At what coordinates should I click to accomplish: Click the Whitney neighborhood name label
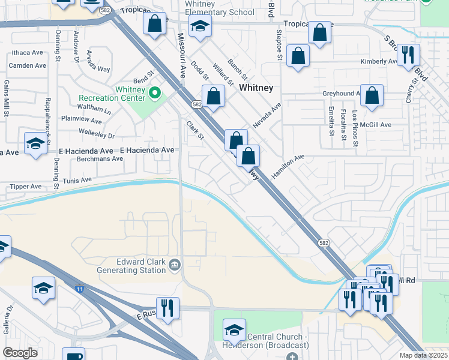(256, 88)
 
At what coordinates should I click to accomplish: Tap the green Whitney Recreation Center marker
(155, 93)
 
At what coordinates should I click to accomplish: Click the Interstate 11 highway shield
(80, 289)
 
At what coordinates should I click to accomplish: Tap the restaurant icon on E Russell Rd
(168, 308)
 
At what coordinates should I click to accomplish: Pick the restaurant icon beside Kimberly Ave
(408, 55)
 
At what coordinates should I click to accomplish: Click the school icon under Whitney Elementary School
(200, 26)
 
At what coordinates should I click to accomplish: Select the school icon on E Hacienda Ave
(35, 143)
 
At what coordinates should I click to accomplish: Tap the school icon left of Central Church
(234, 329)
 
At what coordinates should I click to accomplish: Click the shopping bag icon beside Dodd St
(213, 96)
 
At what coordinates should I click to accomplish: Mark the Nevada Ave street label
(267, 115)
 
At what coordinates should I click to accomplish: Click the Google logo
(20, 353)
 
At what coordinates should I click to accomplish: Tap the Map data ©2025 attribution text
(423, 355)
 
